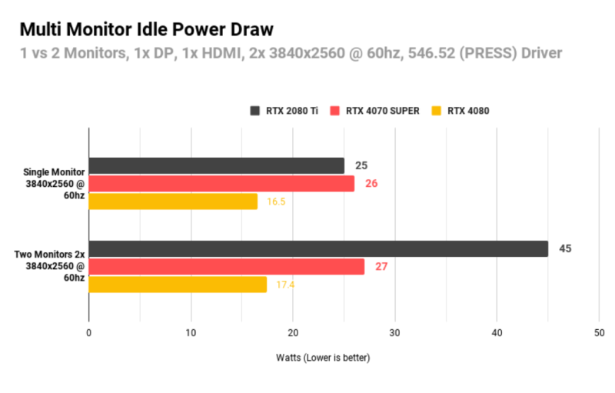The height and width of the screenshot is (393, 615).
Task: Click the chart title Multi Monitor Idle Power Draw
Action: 146,30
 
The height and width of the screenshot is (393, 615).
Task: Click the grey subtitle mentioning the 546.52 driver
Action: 291,53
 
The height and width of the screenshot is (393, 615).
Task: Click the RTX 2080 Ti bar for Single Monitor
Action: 216,165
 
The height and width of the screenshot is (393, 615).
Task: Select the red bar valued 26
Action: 221,184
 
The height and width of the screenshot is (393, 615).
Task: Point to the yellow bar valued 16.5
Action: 173,201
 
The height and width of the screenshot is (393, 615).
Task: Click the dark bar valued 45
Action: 318,248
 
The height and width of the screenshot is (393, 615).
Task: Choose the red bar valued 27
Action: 227,267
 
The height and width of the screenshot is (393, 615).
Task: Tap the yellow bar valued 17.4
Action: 178,285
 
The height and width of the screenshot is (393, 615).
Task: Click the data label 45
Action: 565,248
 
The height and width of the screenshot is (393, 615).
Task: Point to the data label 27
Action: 381,267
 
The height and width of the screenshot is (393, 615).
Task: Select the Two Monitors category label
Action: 50,266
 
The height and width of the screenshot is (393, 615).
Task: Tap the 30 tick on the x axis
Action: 395,332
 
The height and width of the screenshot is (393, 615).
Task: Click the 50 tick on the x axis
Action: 599,332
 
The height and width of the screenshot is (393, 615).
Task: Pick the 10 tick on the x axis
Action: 191,332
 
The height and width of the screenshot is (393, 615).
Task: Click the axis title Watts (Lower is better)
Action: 323,358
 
